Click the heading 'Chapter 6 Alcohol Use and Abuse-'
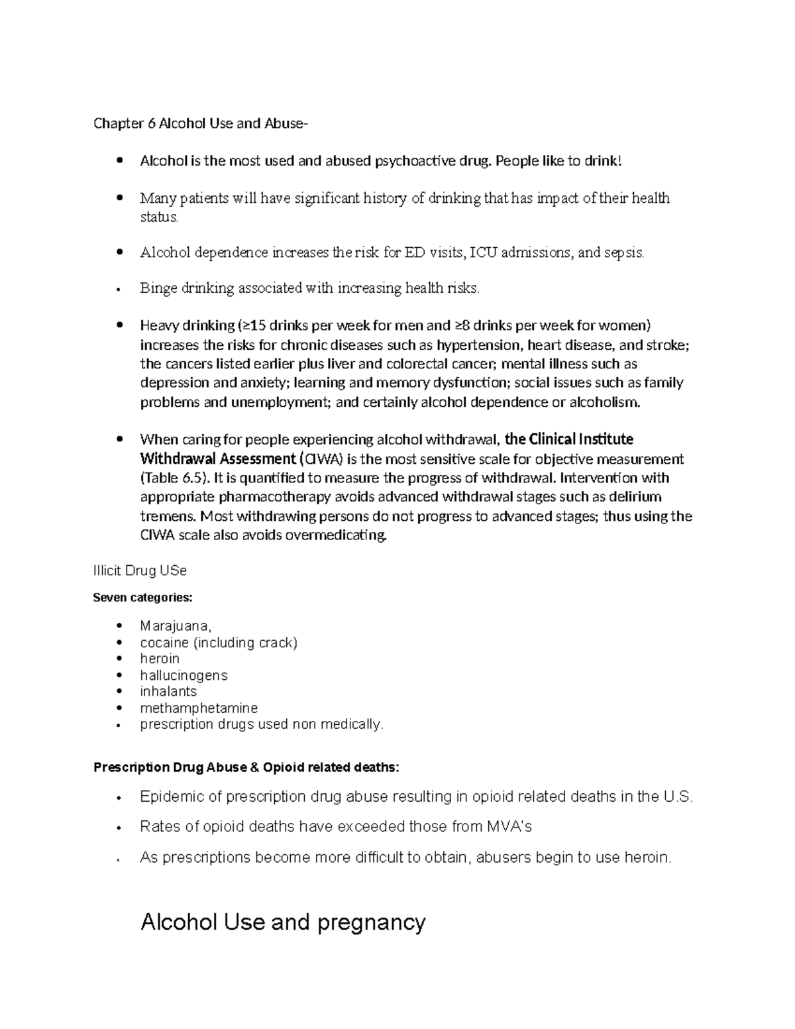coord(201,123)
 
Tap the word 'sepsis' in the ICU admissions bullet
coord(623,252)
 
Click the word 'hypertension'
coord(480,345)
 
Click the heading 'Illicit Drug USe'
coord(140,570)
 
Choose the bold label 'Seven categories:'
coord(142,598)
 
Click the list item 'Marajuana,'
coord(176,625)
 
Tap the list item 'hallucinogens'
coord(184,675)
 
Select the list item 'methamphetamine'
coord(199,708)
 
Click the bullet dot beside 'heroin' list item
coord(119,659)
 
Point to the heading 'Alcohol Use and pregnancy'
coord(283,922)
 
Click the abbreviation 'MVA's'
coord(509,827)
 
